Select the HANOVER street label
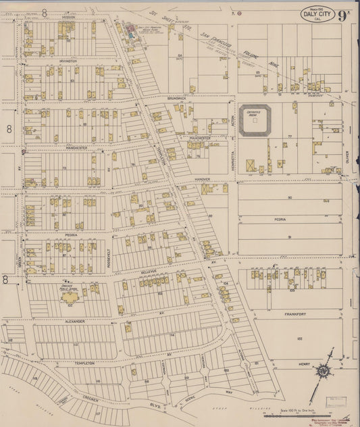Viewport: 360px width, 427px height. click(x=203, y=179)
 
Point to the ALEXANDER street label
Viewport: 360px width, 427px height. click(x=74, y=322)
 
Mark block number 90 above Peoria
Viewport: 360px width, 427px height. click(x=289, y=197)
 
